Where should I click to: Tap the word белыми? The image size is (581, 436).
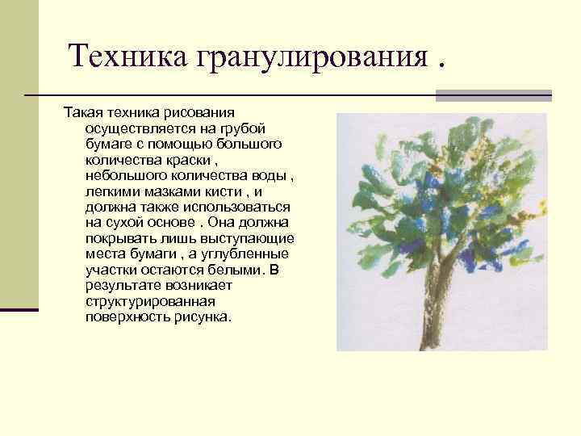[x=239, y=269]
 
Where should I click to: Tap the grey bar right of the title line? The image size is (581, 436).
[x=493, y=95]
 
